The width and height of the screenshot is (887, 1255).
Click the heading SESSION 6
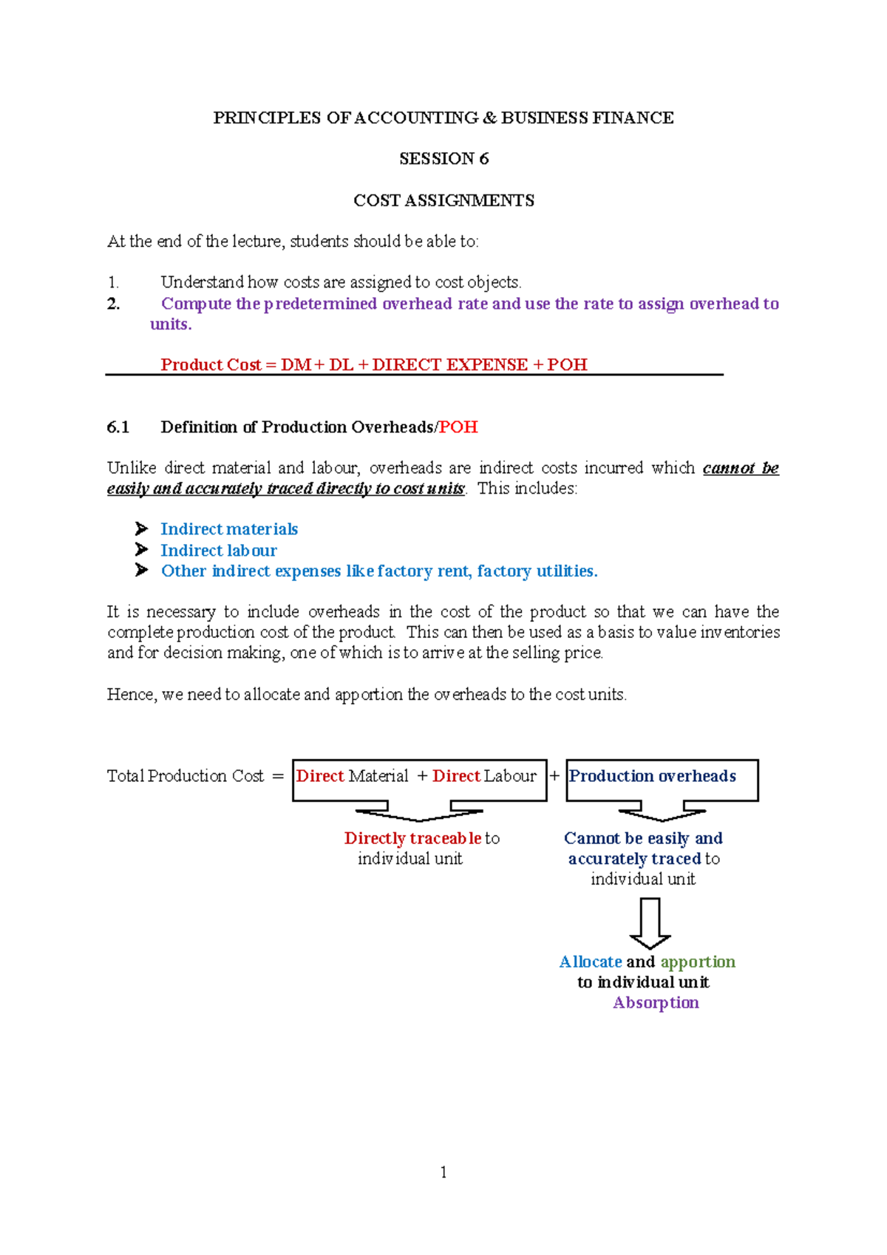click(443, 159)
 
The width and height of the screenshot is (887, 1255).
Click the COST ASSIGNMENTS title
click(443, 200)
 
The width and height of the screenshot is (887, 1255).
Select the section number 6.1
click(118, 427)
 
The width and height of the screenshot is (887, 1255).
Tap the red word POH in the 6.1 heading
click(458, 427)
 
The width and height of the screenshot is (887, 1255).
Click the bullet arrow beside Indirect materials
click(141, 529)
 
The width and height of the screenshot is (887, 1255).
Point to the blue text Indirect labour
click(219, 551)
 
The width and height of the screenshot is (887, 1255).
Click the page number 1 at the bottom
click(443, 1172)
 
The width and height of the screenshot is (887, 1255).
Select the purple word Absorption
click(656, 1003)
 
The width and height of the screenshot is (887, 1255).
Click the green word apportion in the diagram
click(698, 962)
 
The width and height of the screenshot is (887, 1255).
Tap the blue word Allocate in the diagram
click(591, 962)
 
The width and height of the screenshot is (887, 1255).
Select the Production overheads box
click(662, 779)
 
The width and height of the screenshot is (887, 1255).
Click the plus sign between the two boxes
click(554, 776)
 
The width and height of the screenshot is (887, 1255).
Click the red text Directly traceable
click(412, 838)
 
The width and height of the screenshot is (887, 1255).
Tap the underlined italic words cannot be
click(741, 468)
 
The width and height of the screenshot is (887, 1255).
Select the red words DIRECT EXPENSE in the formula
click(449, 364)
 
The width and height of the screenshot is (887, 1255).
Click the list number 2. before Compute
click(113, 304)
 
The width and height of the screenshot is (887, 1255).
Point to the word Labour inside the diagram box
click(510, 776)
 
